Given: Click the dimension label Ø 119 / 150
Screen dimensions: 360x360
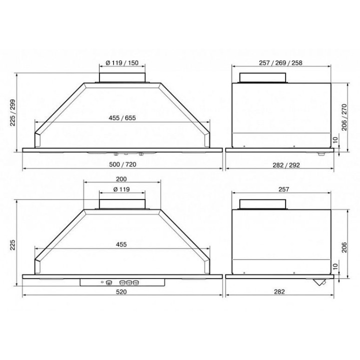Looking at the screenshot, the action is click(122, 62).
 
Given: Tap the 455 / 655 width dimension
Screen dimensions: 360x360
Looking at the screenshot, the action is click(122, 118).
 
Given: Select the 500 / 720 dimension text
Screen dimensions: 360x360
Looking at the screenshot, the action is click(122, 164).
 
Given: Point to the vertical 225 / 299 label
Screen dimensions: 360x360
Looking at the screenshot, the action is click(12, 112).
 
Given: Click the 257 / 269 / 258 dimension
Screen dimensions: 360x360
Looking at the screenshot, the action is click(280, 62).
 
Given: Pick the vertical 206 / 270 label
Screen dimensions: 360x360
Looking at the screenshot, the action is click(344, 117).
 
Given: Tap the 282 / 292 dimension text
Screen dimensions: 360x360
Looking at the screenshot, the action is click(286, 165).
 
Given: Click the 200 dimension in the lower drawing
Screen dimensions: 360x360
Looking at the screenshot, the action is click(121, 179).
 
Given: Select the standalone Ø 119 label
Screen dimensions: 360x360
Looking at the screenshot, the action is click(121, 189).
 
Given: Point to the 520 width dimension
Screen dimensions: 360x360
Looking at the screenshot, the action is click(121, 291).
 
